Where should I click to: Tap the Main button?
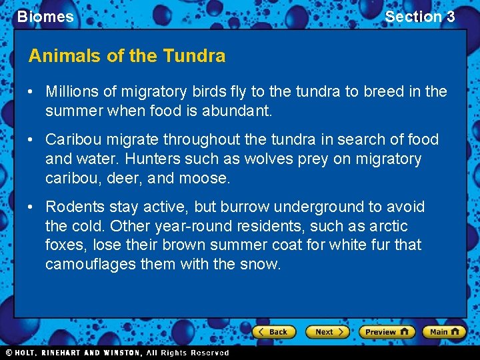tap(444, 331)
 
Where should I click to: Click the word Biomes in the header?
tap(45, 17)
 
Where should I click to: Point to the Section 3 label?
tap(419, 17)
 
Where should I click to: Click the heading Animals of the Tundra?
tap(127, 56)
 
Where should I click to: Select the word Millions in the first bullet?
tap(71, 91)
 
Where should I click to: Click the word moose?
tap(209, 179)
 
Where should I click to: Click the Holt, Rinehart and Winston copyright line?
tap(117, 353)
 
